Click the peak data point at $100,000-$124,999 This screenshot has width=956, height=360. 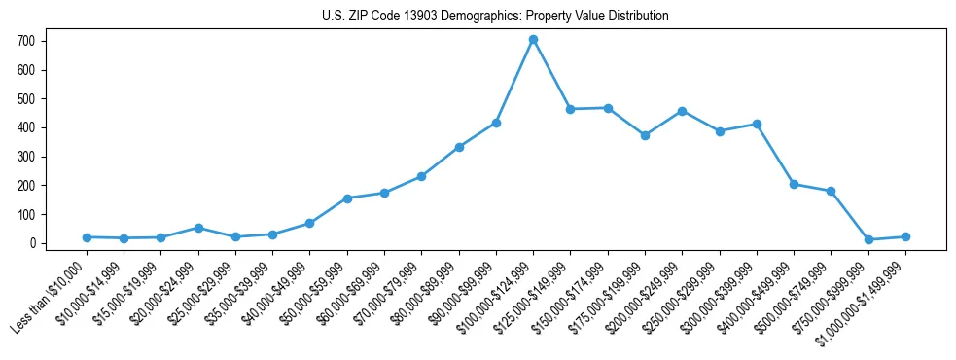point(533,40)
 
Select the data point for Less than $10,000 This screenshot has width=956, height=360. point(87,237)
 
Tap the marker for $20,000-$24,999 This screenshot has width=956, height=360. point(198,228)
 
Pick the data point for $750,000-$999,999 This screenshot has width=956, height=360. point(868,239)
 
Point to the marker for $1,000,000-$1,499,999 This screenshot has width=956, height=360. point(905,236)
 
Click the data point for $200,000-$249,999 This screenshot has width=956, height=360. point(682,111)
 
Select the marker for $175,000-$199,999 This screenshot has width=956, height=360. point(645,135)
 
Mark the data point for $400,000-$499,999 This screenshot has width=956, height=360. point(794,184)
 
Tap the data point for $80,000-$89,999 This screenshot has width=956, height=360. point(459,147)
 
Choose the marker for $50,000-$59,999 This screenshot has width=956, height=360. point(347,198)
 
